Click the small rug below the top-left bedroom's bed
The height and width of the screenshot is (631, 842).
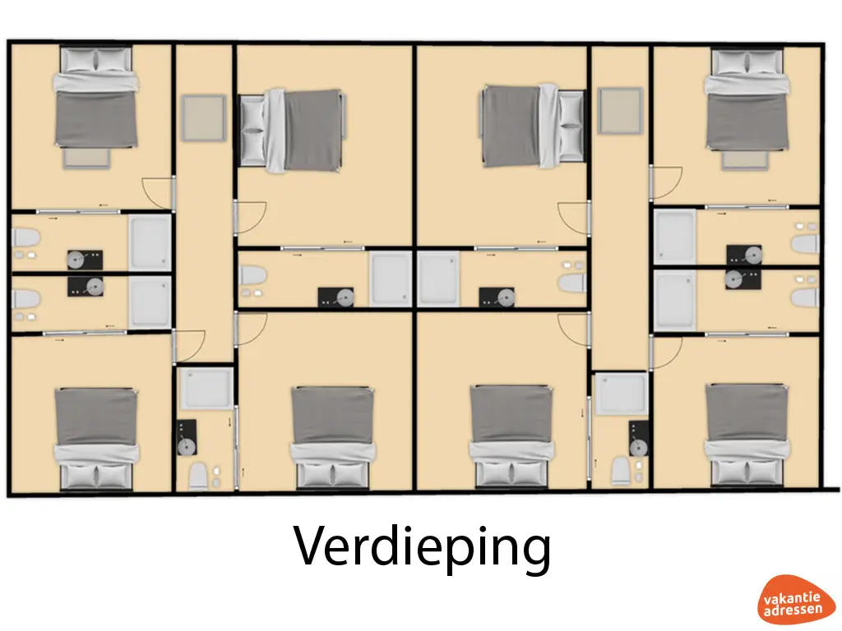pos(86,157)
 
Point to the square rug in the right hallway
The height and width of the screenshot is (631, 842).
pos(620,111)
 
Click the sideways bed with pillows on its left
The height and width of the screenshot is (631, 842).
pos(290,131)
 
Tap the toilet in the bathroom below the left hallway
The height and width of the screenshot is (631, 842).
pos(198,476)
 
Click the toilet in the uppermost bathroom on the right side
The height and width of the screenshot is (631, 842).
pos(806,242)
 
